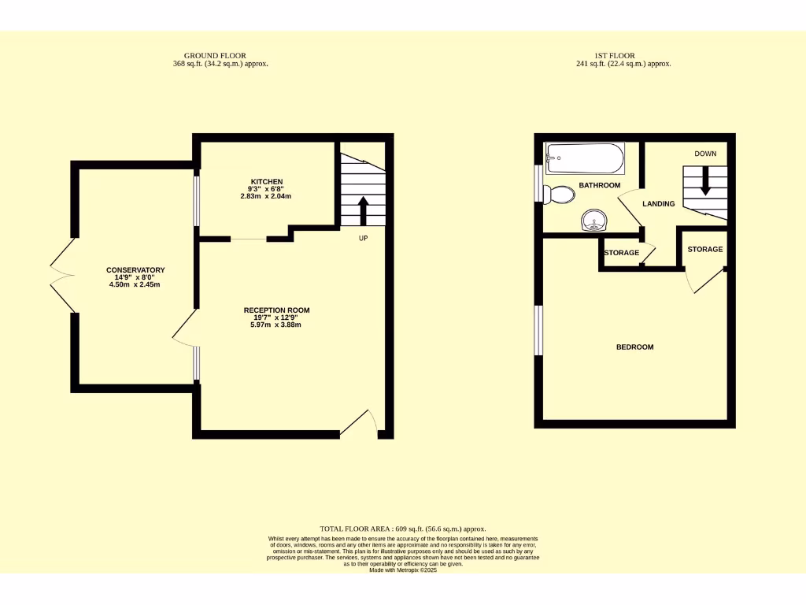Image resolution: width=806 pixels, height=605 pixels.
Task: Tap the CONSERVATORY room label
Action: click(135, 270)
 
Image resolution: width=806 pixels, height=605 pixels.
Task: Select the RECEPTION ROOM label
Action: click(276, 310)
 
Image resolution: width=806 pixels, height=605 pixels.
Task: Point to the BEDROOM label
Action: click(634, 347)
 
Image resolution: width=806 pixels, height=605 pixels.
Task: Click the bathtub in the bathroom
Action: click(586, 158)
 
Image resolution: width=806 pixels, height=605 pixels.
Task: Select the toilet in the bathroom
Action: click(561, 194)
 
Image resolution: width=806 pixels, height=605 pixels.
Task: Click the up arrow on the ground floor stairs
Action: click(363, 211)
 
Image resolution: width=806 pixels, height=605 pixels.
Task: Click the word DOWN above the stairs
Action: click(705, 154)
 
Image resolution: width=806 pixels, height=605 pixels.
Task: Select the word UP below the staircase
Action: click(363, 238)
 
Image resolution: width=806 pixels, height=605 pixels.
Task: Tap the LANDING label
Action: click(659, 203)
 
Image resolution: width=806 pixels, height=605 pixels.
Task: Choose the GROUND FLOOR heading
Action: click(220, 56)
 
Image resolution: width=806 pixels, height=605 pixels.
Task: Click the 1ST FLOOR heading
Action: click(623, 56)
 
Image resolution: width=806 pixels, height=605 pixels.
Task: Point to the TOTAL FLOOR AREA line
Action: click(403, 529)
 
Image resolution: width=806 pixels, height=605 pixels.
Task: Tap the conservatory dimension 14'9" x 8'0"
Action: click(135, 277)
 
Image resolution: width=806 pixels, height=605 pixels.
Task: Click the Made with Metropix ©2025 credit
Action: click(403, 570)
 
